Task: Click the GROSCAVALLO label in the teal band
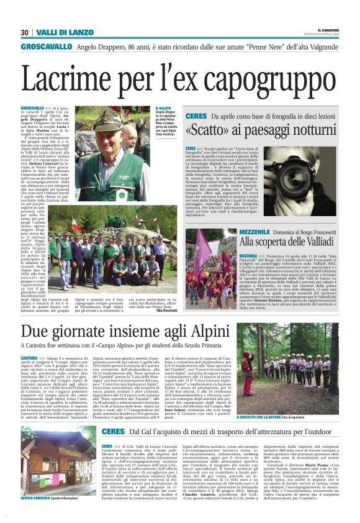[43, 47]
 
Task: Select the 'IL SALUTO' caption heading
[163, 109]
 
